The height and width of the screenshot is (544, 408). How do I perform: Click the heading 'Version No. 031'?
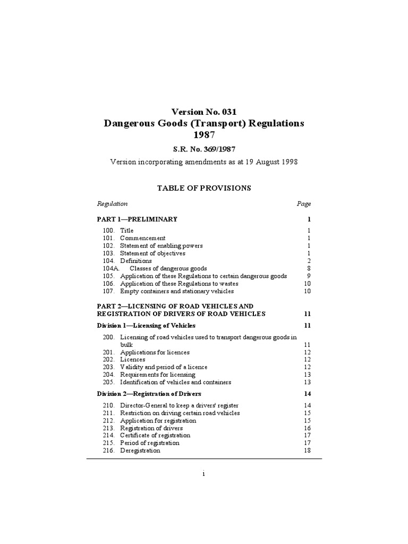pyautogui.click(x=203, y=112)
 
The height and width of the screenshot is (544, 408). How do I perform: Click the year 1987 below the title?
pyautogui.click(x=203, y=135)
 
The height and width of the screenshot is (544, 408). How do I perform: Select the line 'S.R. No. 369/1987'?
pyautogui.click(x=203, y=150)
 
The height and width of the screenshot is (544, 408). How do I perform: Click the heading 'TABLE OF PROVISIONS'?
pyautogui.click(x=203, y=188)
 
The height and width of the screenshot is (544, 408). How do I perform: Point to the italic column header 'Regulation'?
pyautogui.click(x=112, y=203)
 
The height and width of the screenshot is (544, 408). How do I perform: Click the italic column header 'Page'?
pyautogui.click(x=304, y=203)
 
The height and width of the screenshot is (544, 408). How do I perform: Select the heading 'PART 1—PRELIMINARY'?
pyautogui.click(x=137, y=219)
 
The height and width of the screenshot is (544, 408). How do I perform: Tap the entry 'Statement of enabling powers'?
pyautogui.click(x=161, y=245)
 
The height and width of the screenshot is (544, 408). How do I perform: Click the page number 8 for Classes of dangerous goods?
pyautogui.click(x=308, y=268)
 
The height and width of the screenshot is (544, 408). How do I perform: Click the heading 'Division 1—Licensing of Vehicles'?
pyautogui.click(x=146, y=325)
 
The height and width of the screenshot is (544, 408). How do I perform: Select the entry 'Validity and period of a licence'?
pyautogui.click(x=164, y=367)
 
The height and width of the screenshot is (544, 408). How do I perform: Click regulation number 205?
pyautogui.click(x=108, y=382)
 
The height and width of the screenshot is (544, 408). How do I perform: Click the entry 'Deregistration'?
pyautogui.click(x=140, y=450)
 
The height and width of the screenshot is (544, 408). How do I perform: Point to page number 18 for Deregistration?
pyautogui.click(x=307, y=450)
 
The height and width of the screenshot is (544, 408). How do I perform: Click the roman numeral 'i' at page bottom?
pyautogui.click(x=203, y=474)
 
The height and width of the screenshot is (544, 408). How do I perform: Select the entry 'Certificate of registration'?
pyautogui.click(x=155, y=435)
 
